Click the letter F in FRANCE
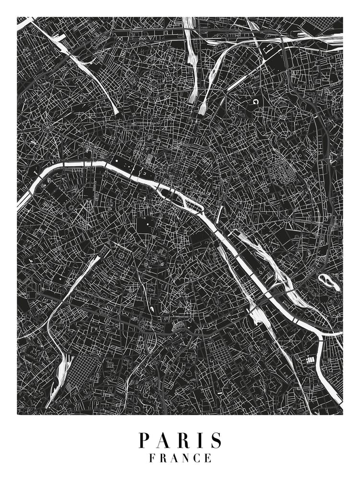152,458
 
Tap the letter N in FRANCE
184,458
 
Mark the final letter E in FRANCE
208,458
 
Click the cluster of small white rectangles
310,359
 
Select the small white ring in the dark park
256,102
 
